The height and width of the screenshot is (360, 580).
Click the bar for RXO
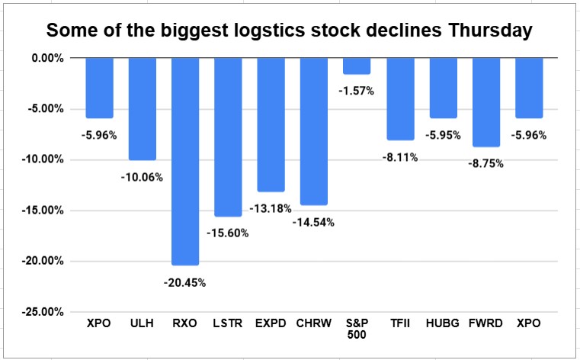pos(185,161)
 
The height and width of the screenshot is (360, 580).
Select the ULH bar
pos(143,108)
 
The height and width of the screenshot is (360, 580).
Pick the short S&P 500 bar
pos(357,66)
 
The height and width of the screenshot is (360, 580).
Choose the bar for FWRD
pos(486,101)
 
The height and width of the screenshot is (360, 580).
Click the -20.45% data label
pos(185,281)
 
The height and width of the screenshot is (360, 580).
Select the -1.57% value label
pos(357,91)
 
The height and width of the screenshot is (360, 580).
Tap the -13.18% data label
pos(271,207)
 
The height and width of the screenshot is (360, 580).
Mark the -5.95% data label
pos(443,135)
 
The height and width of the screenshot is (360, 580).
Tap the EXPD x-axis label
pos(271,323)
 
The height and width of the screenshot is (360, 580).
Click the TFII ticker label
pos(400,323)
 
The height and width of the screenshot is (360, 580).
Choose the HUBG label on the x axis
pos(443,323)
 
